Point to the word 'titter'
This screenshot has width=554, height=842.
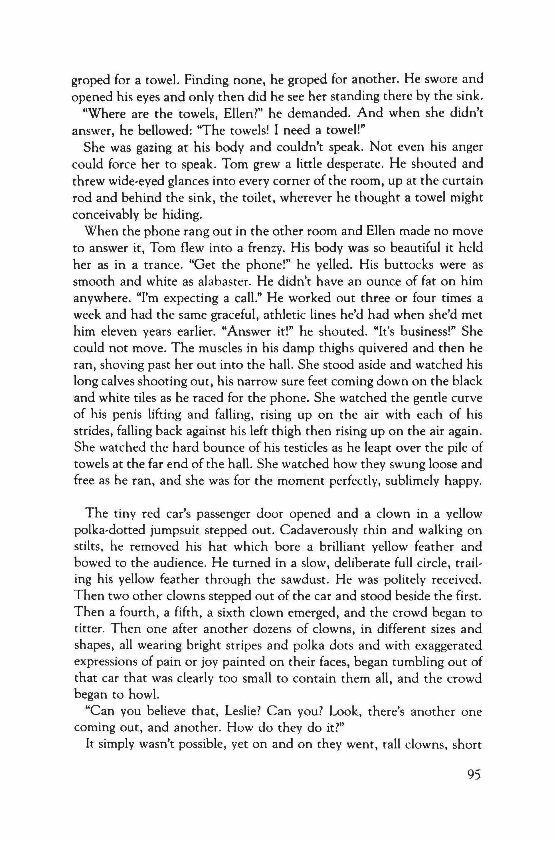click(x=87, y=629)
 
